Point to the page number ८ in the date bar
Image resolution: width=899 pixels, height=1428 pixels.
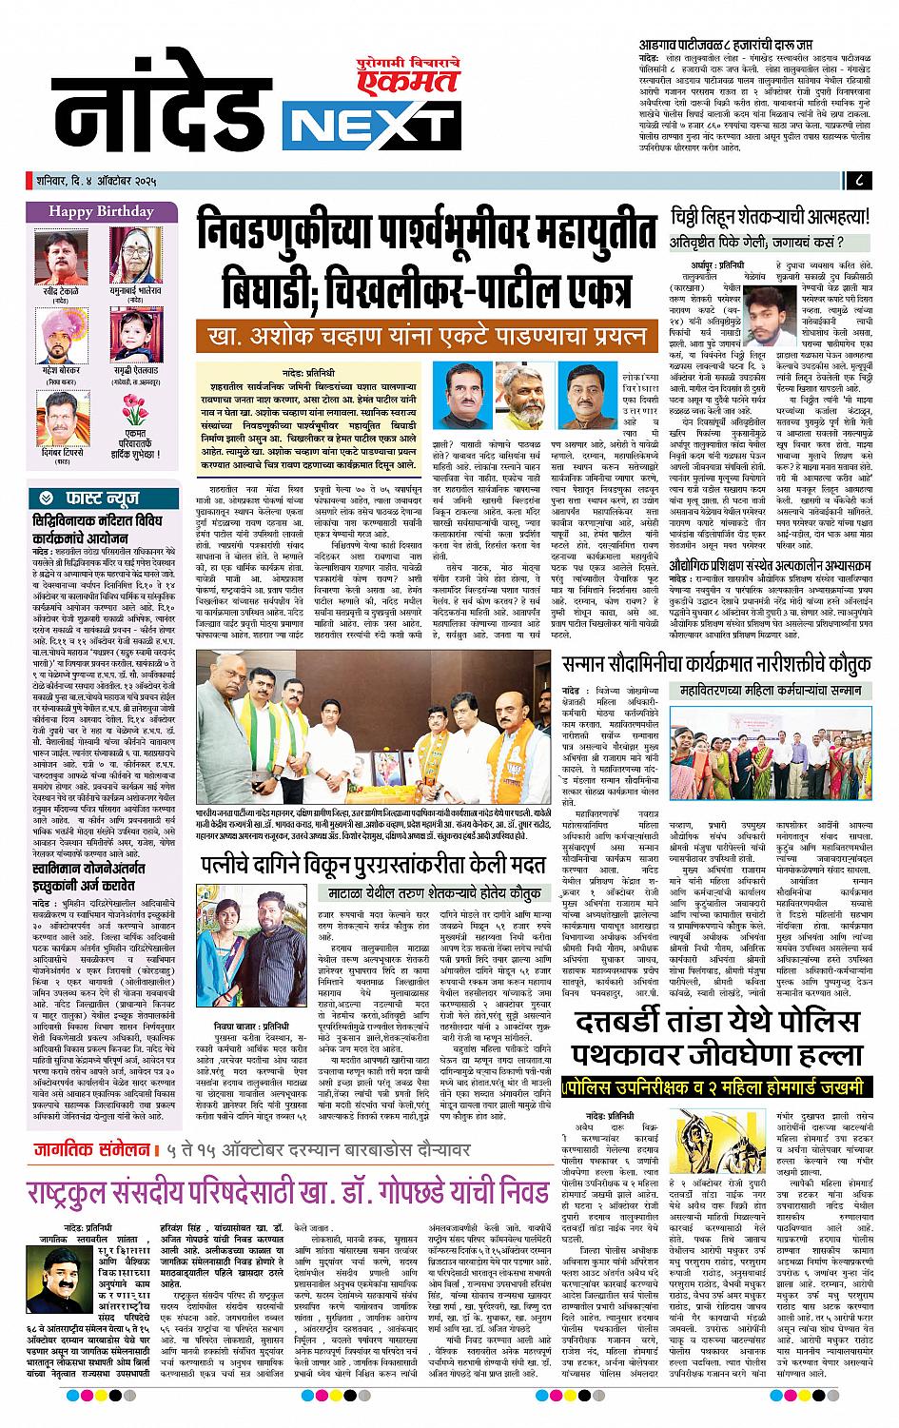pos(859,181)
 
